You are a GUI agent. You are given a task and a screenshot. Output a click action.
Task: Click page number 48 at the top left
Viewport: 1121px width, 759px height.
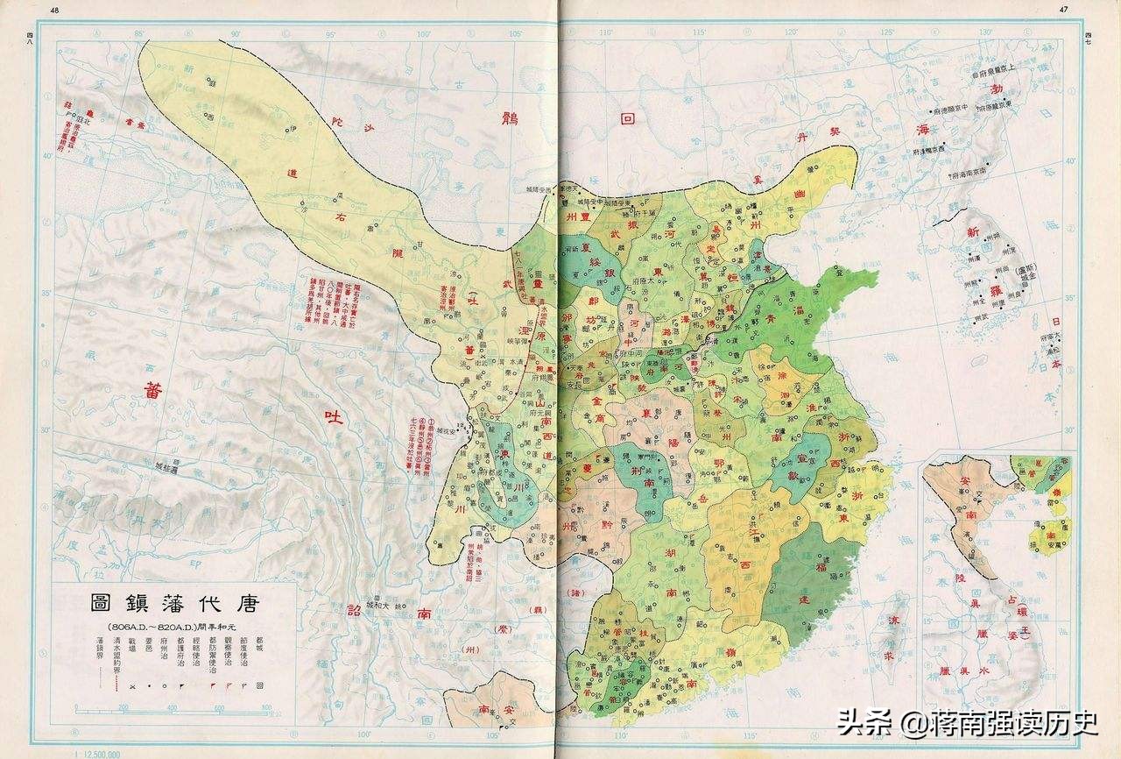click(57, 10)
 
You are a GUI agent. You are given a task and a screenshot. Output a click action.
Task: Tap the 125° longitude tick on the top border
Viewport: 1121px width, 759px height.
click(886, 32)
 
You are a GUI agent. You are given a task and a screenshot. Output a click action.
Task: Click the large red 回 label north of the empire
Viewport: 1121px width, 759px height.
click(626, 120)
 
